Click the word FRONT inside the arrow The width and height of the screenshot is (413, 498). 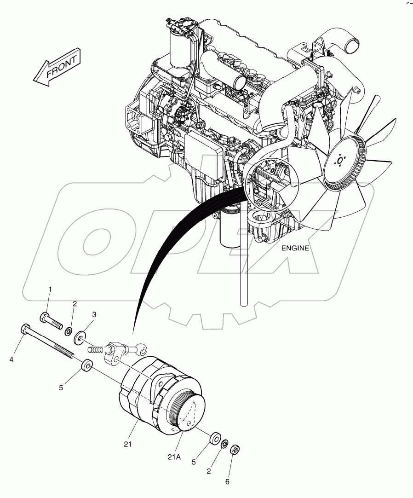pyautogui.click(x=59, y=68)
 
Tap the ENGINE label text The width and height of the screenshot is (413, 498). pyautogui.click(x=295, y=248)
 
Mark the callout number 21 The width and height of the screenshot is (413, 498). pyautogui.click(x=127, y=444)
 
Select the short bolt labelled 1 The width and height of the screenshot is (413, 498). pyautogui.click(x=51, y=320)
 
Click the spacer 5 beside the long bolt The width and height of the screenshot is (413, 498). pyautogui.click(x=86, y=367)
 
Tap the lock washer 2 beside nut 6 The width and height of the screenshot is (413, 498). pyautogui.click(x=224, y=443)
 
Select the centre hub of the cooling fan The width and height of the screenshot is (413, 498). pyautogui.click(x=340, y=161)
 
